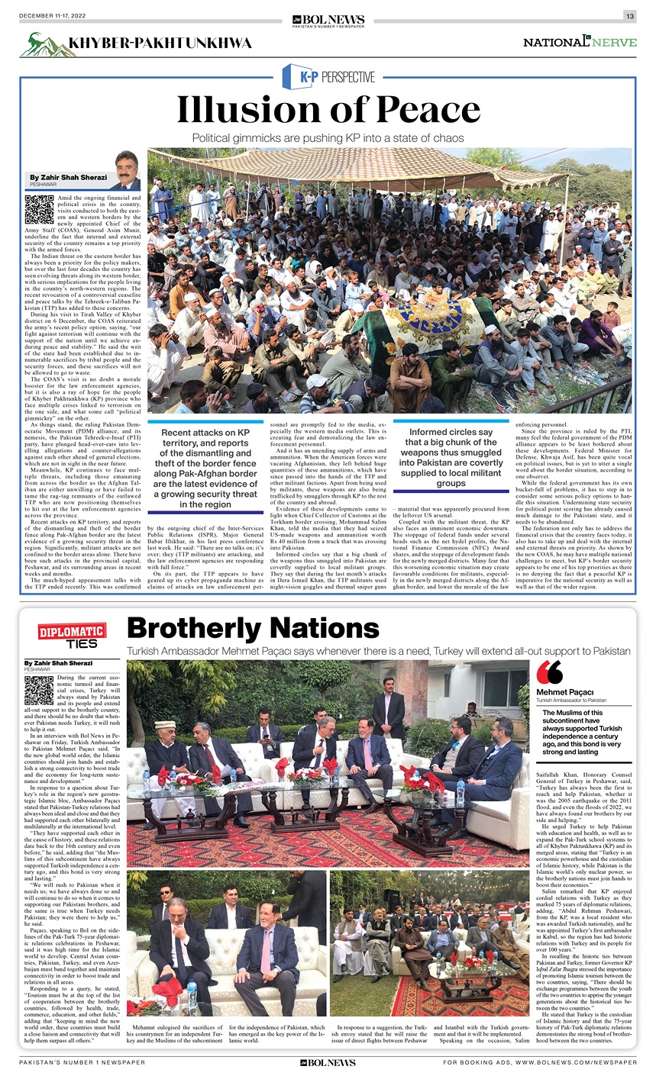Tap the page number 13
(x=630, y=17)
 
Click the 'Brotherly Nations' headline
(x=253, y=628)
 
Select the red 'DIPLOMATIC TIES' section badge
(x=73, y=636)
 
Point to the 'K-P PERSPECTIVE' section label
(x=328, y=76)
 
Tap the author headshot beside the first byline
(x=126, y=170)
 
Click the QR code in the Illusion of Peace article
(x=38, y=209)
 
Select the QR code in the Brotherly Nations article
(x=38, y=689)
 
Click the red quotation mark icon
(x=549, y=672)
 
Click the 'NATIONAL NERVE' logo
(x=579, y=42)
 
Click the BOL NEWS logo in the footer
(x=328, y=1062)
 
